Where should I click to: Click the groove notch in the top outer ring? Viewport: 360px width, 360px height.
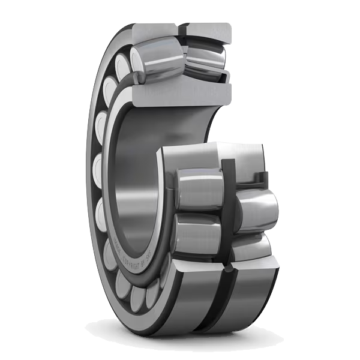pos(182,29)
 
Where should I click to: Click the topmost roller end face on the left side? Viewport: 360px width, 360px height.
pos(124,65)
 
